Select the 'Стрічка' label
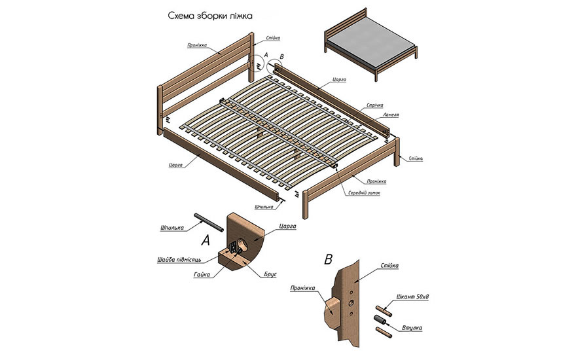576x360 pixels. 376,105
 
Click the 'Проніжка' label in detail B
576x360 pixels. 303,287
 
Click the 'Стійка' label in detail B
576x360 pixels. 389,265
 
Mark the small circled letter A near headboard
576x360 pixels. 266,56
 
